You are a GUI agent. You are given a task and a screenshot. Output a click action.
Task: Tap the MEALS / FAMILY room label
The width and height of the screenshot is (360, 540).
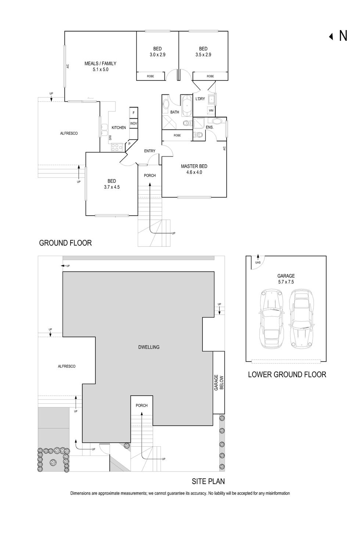click(100, 64)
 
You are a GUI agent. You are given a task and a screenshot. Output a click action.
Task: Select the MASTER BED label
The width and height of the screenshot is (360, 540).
click(194, 166)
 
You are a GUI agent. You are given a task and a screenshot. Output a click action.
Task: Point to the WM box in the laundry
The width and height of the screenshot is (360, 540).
click(211, 110)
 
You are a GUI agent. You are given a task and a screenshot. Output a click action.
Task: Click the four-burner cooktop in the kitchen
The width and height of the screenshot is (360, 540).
click(117, 147)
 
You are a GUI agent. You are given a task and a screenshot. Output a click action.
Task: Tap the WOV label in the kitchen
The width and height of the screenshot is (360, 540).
click(133, 123)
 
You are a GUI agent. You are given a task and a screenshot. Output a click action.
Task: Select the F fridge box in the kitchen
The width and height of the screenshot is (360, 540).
click(133, 113)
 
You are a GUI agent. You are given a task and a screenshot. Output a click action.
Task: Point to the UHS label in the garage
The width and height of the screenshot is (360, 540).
click(258, 262)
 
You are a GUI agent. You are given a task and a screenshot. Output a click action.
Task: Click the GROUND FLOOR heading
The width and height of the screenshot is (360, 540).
click(65, 243)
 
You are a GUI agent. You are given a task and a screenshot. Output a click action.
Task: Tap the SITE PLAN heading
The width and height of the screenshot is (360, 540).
click(208, 481)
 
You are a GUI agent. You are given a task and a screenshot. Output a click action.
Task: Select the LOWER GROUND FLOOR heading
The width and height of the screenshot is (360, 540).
click(287, 374)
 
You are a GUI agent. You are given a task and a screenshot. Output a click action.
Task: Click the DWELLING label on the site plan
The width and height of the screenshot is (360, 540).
click(149, 347)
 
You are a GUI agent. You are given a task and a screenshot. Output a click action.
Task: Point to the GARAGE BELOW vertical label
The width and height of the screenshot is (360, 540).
click(219, 382)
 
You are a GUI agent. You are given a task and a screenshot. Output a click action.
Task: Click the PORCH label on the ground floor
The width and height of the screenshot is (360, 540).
click(150, 176)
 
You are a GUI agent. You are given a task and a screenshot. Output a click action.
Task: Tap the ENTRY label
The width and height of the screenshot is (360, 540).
click(150, 151)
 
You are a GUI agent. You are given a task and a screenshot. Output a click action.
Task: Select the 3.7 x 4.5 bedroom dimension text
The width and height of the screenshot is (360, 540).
click(112, 187)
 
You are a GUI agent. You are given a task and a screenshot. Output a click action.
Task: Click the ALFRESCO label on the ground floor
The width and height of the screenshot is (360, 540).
click(69, 133)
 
